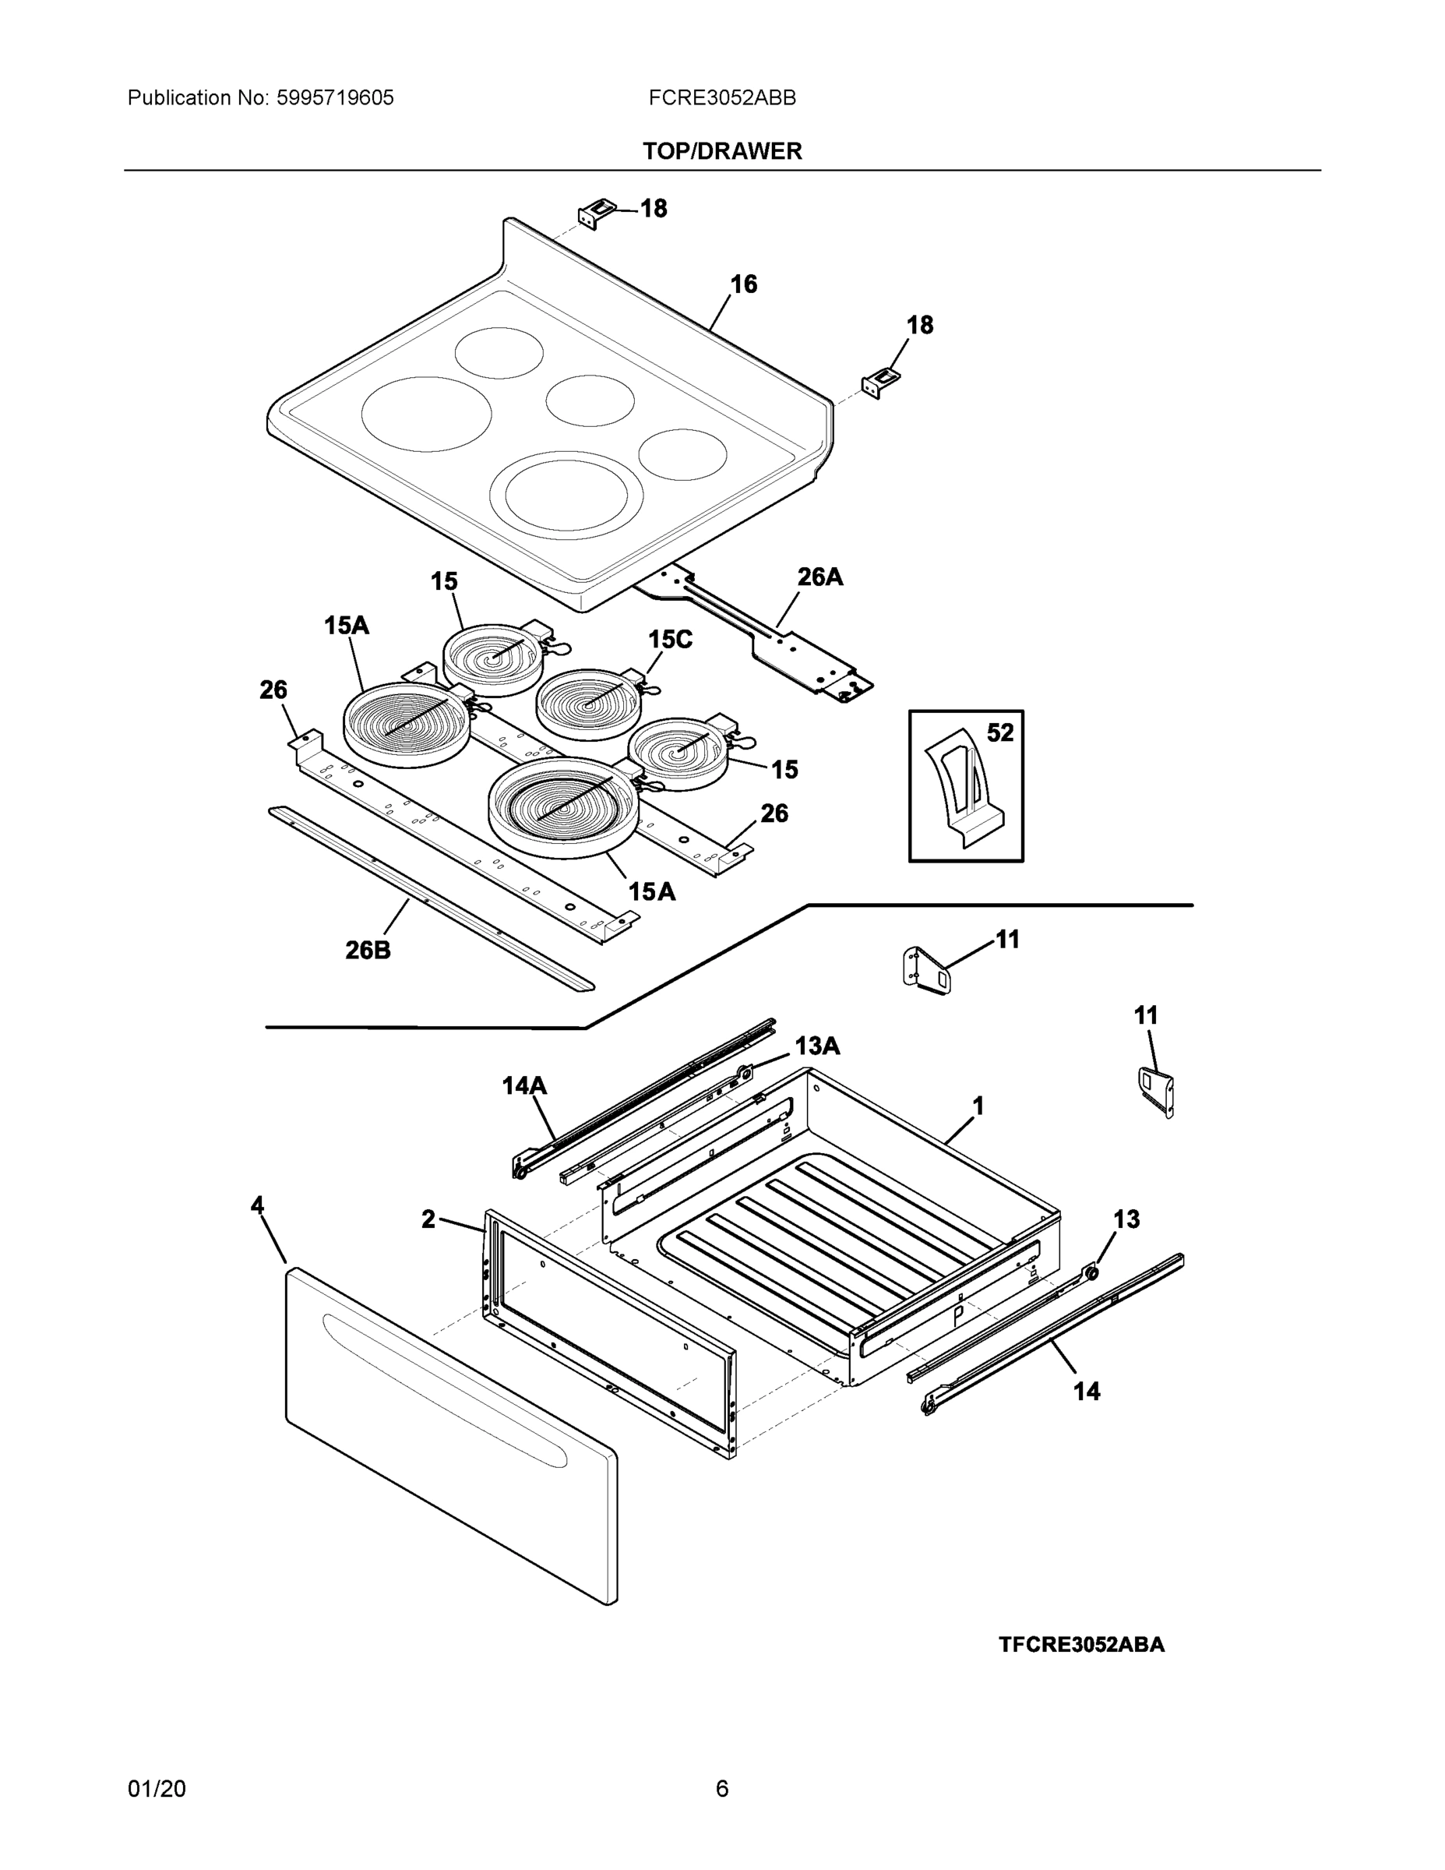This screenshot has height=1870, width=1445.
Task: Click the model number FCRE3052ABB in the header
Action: click(721, 97)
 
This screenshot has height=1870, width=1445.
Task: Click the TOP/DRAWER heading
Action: click(721, 152)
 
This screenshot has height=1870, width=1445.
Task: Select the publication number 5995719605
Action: click(335, 97)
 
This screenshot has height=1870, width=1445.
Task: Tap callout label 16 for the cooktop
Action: click(743, 284)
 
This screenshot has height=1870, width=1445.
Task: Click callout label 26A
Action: click(820, 577)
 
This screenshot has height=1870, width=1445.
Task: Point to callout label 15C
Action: click(669, 640)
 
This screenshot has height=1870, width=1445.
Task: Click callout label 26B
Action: click(368, 950)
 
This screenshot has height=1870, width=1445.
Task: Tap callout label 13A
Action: click(816, 1046)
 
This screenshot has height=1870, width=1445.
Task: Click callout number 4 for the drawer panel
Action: click(257, 1205)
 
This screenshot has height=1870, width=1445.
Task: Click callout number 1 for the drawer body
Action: click(978, 1106)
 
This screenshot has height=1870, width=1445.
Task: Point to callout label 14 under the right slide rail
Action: click(1087, 1392)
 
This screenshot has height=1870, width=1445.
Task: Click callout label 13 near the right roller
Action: click(1126, 1219)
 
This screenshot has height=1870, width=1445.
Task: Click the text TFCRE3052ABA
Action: click(1081, 1645)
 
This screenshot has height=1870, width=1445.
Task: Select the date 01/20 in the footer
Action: click(157, 1789)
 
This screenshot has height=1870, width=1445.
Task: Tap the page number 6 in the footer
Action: click(721, 1789)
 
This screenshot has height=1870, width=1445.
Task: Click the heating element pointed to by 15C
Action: click(590, 704)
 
